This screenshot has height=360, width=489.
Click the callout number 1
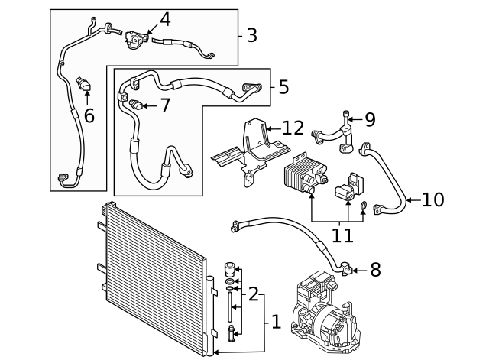point(275,322)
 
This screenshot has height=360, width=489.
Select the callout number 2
point(253,294)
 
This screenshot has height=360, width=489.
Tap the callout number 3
point(252,35)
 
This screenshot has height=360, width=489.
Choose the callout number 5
point(283,87)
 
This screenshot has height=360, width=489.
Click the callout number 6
point(89,116)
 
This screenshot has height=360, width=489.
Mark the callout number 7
point(165,105)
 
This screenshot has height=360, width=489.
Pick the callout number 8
point(374,270)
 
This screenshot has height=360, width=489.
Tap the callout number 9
point(370,119)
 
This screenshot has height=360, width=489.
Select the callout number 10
point(432,200)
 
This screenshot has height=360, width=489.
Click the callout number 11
point(342,235)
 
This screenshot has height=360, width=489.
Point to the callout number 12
point(293,128)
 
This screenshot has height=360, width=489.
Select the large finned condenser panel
point(153,280)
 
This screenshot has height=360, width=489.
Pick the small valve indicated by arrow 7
point(135,105)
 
